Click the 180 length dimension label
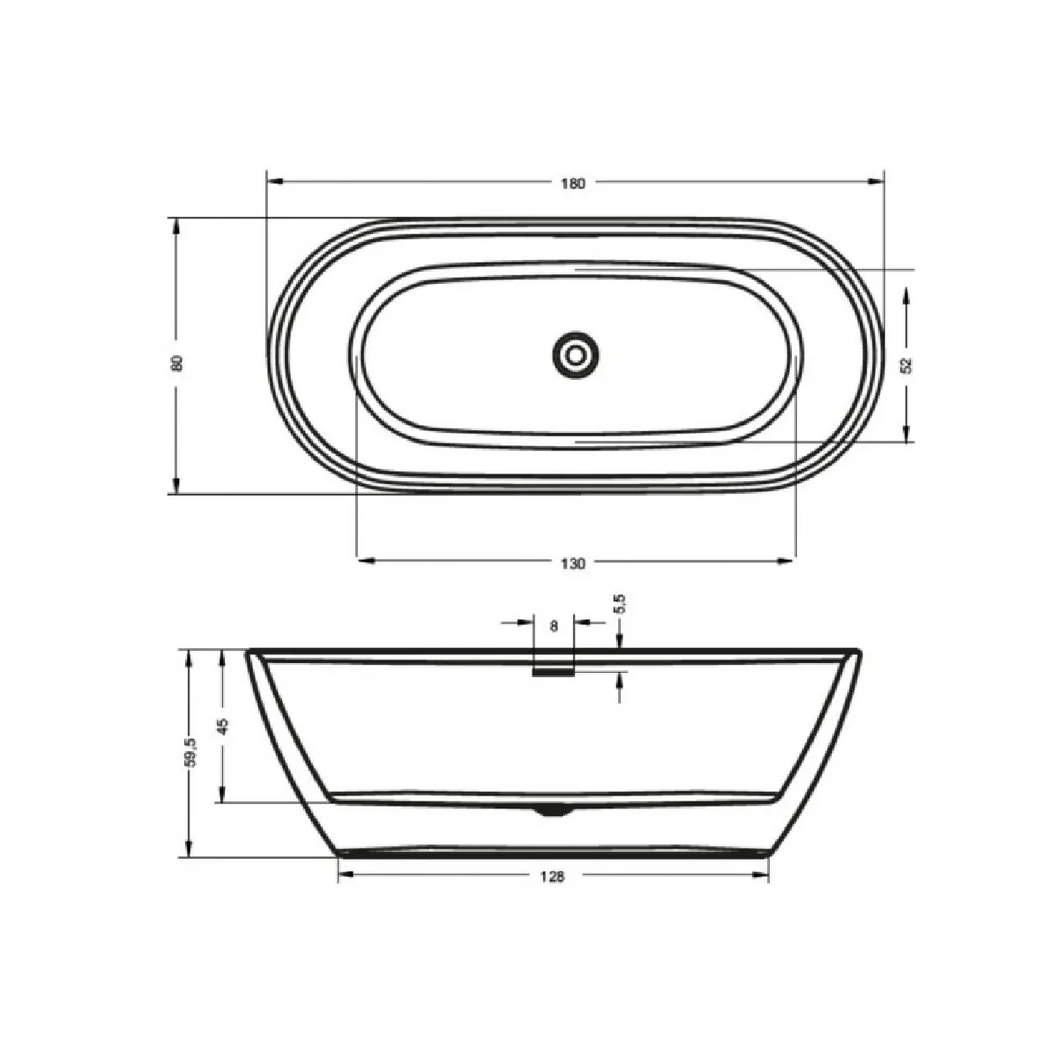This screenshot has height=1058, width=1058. [x=573, y=183]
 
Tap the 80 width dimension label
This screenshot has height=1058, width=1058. [x=177, y=363]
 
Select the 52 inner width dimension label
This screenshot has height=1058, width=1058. [x=906, y=365]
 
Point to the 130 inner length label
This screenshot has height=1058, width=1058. [x=573, y=563]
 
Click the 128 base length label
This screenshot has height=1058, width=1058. [x=552, y=876]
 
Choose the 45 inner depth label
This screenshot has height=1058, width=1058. [x=222, y=726]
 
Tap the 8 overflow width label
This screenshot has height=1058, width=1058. [x=554, y=625]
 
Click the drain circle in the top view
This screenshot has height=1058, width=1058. [x=576, y=355]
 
